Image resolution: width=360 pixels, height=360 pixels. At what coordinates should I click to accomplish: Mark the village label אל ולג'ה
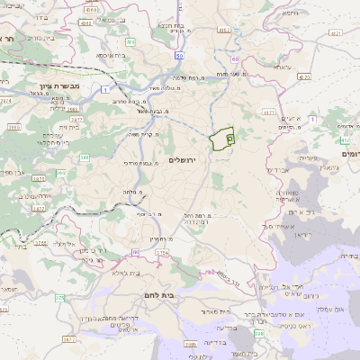67,244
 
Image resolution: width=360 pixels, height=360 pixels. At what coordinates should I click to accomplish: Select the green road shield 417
346,141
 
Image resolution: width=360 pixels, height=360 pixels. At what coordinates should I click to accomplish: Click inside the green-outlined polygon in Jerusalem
219,139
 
